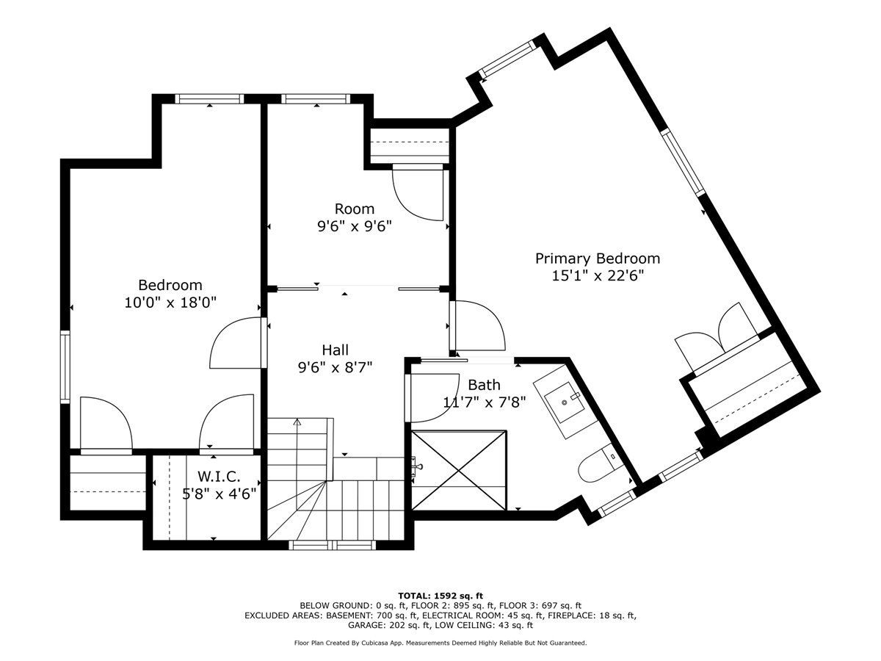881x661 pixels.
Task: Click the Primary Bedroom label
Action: pos(597,259)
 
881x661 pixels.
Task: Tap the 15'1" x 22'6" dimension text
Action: pos(598,276)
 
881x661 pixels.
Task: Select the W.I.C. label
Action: pos(219,477)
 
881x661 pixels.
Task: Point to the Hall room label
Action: pos(335,350)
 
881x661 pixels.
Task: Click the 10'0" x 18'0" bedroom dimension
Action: pos(170,302)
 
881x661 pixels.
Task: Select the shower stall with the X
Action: pos(459,470)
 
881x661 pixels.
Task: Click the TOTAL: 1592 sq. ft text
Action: pos(440,596)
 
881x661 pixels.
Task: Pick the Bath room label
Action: pos(484,385)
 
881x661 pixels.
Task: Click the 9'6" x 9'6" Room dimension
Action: pos(355,226)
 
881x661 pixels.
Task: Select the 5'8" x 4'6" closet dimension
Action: pos(219,494)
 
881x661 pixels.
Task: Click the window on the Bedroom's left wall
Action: pos(65,366)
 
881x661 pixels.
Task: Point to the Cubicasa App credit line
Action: pos(440,643)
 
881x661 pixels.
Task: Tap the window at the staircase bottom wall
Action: pos(333,545)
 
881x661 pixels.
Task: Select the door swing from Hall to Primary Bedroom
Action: pos(477,325)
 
